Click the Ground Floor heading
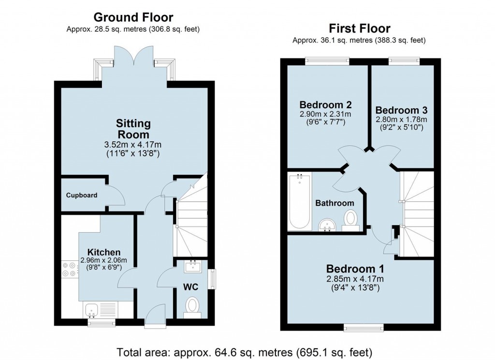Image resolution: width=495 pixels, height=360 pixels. coord(133,17)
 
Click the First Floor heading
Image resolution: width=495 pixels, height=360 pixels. coord(359,28)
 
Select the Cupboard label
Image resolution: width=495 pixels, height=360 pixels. coord(82,195)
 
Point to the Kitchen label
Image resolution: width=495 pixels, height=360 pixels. coord(104,252)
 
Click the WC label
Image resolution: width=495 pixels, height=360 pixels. coord(190,286)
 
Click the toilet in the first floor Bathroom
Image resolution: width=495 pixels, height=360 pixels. coord(350,218)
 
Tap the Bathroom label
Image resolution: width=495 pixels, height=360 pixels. coord(335,203)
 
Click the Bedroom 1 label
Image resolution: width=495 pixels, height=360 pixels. coord(355,269)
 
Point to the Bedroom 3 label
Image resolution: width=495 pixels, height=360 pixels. coord(401,110)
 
